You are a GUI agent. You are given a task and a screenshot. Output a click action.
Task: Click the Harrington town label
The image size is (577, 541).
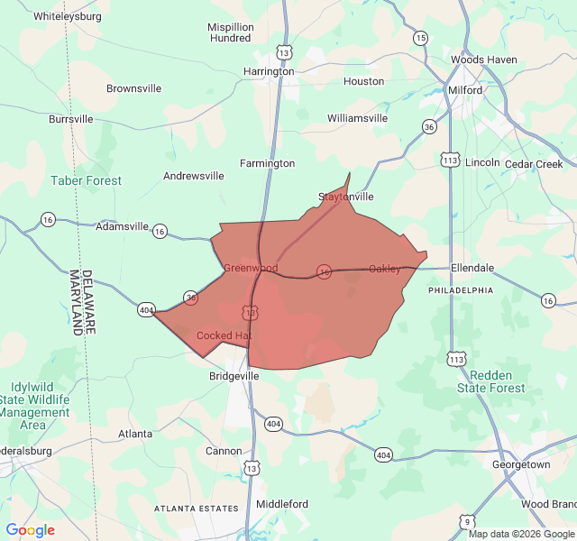(x=270, y=71)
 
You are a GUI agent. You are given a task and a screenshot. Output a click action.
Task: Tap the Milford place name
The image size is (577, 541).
(x=466, y=90)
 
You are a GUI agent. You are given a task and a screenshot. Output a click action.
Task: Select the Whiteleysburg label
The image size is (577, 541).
(x=69, y=16)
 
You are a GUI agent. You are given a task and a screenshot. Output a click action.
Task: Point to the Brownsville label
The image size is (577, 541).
(x=133, y=88)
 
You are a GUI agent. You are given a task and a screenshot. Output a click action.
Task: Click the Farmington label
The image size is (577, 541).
(x=267, y=163)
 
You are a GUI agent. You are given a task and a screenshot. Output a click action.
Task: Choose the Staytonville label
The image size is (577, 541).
(x=346, y=197)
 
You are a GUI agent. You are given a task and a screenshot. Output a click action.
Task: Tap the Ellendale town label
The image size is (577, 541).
(x=472, y=268)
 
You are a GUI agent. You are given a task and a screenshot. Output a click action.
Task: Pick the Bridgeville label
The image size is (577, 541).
(x=234, y=376)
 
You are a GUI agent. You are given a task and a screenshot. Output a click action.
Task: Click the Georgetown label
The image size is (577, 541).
(x=521, y=464)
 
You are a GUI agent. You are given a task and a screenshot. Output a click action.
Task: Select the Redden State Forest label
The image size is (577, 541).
(x=490, y=381)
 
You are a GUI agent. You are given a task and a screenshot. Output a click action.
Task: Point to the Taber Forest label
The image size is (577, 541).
(x=87, y=180)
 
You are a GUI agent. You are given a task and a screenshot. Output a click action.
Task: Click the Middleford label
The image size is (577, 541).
(x=282, y=504)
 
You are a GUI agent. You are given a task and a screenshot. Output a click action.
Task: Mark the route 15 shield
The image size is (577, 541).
(x=421, y=37)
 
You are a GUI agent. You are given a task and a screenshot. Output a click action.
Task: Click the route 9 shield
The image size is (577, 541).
(x=466, y=520)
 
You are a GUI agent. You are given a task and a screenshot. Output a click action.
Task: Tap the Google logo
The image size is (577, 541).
(x=31, y=530)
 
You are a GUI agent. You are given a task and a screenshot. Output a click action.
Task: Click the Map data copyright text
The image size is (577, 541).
(x=521, y=534)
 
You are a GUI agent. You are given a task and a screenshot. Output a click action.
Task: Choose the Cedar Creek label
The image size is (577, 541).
(x=534, y=164)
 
